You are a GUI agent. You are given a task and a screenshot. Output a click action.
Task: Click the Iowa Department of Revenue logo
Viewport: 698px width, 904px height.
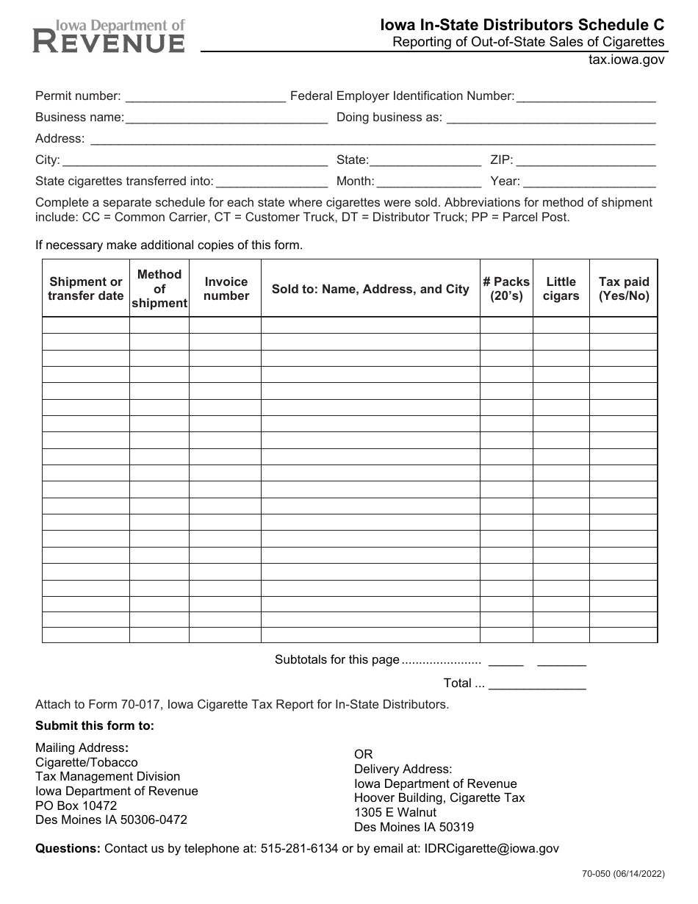coord(109,37)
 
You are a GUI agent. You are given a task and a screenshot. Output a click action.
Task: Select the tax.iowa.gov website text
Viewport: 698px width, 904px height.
coord(626,61)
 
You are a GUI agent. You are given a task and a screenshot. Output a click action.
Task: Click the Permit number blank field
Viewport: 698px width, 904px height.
coord(206,96)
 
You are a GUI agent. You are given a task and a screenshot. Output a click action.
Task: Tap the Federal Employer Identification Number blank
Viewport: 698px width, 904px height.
coord(586,96)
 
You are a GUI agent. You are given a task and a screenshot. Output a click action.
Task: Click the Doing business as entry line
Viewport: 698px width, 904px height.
coord(550,117)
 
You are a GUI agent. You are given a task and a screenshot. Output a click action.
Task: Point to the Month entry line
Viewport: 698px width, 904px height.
coord(429,181)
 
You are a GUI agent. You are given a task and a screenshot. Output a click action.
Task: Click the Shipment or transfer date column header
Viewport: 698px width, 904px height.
coord(86,289)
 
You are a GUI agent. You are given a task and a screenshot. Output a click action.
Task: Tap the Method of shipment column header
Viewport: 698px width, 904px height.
coord(159,289)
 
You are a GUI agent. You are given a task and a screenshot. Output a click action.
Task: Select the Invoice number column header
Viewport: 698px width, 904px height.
coord(226,289)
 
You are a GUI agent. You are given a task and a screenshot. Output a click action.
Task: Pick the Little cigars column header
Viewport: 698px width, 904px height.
coord(561,289)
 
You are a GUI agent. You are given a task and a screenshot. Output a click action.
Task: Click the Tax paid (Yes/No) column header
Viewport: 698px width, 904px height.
coord(624,289)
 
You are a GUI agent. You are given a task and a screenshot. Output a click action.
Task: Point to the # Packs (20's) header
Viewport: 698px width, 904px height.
coord(506,289)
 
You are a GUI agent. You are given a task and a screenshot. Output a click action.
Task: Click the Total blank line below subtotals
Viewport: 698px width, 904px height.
coord(537,684)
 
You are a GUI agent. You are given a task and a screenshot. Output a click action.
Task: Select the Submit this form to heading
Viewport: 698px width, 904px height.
coord(95,726)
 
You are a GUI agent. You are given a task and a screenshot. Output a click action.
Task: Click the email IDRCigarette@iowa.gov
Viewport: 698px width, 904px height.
coord(492,848)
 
